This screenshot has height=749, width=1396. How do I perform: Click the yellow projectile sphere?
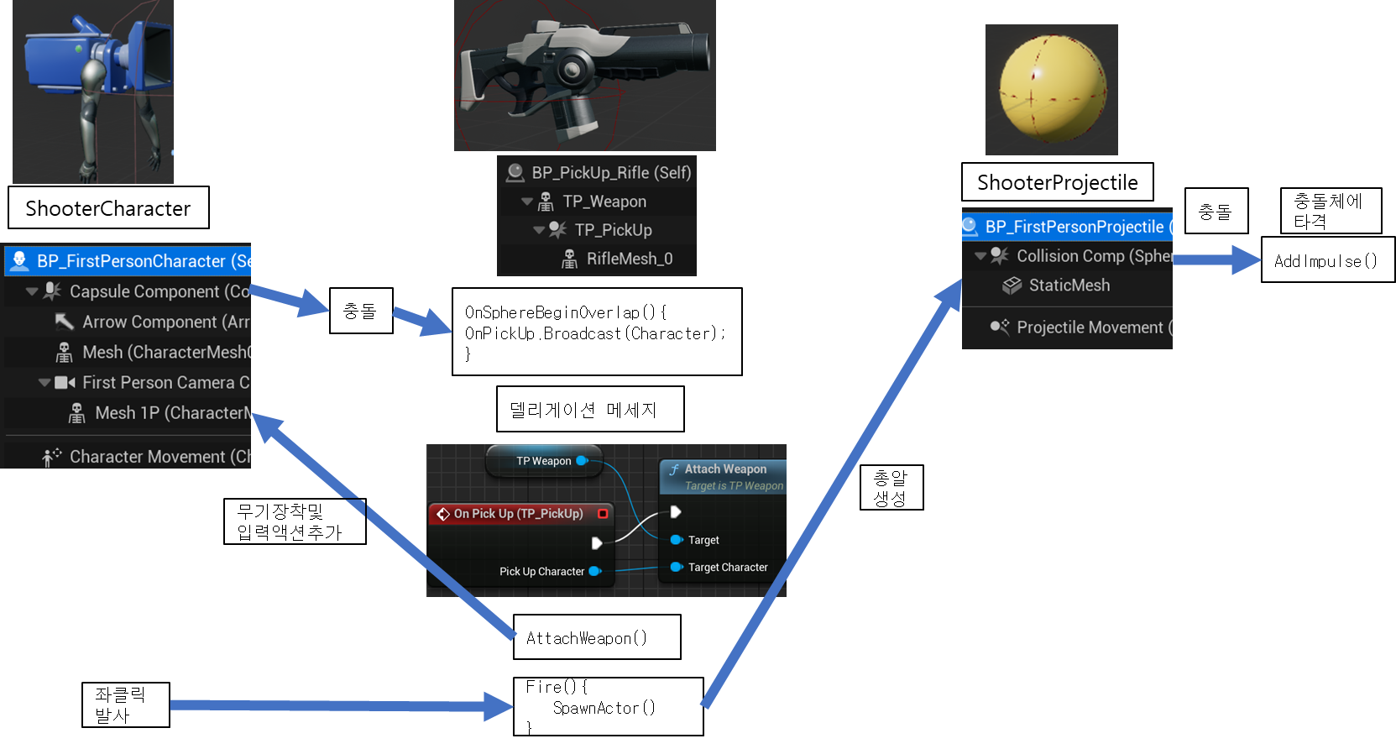pyautogui.click(x=1052, y=89)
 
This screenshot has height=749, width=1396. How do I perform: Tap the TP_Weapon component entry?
pyautogui.click(x=604, y=202)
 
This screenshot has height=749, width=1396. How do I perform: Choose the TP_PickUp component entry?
pyautogui.click(x=613, y=230)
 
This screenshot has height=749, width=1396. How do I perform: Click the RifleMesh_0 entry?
pyautogui.click(x=629, y=259)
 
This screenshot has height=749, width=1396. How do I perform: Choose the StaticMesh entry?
pyautogui.click(x=1069, y=285)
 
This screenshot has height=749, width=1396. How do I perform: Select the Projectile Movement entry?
pyautogui.click(x=1089, y=327)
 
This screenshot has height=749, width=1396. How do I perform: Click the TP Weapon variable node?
pyautogui.click(x=544, y=461)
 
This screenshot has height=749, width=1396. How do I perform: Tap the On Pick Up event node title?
pyautogui.click(x=518, y=514)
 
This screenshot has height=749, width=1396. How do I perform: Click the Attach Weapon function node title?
pyautogui.click(x=724, y=469)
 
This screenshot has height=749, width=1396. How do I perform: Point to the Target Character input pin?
pyautogui.click(x=676, y=567)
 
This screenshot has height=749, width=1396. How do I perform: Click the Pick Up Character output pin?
pyautogui.click(x=594, y=571)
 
